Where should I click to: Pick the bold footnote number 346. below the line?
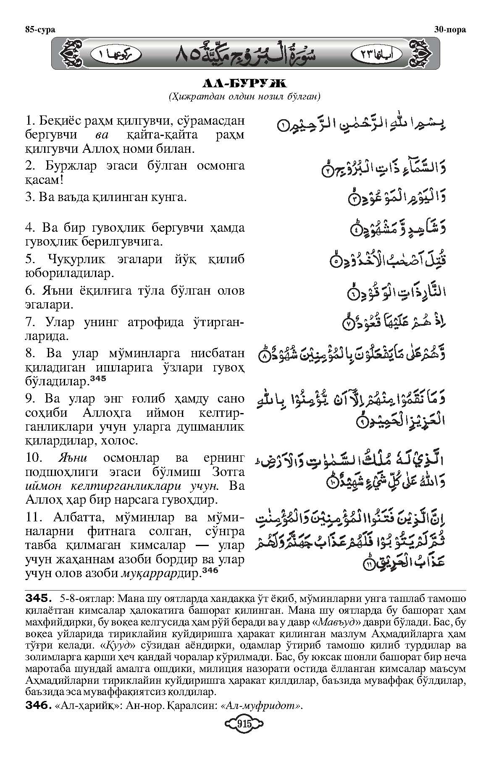point(39,706)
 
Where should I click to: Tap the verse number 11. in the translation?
point(34,517)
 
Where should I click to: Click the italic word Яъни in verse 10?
point(74,457)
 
